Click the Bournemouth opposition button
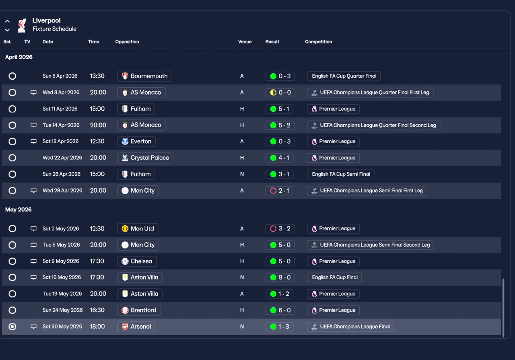[144, 76]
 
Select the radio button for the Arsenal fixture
[12, 327]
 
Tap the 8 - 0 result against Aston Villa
[280, 278]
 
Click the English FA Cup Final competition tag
[334, 278]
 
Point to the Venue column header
[245, 42]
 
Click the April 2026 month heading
[19, 57]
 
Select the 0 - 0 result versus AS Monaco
[280, 93]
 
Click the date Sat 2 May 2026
[61, 229]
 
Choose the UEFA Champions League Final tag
[350, 327]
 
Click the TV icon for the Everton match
[34, 142]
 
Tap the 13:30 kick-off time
[97, 76]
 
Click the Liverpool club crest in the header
[22, 25]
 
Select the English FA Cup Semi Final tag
[341, 174]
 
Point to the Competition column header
[318, 42]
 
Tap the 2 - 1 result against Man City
[280, 191]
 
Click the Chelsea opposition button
[137, 261]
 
